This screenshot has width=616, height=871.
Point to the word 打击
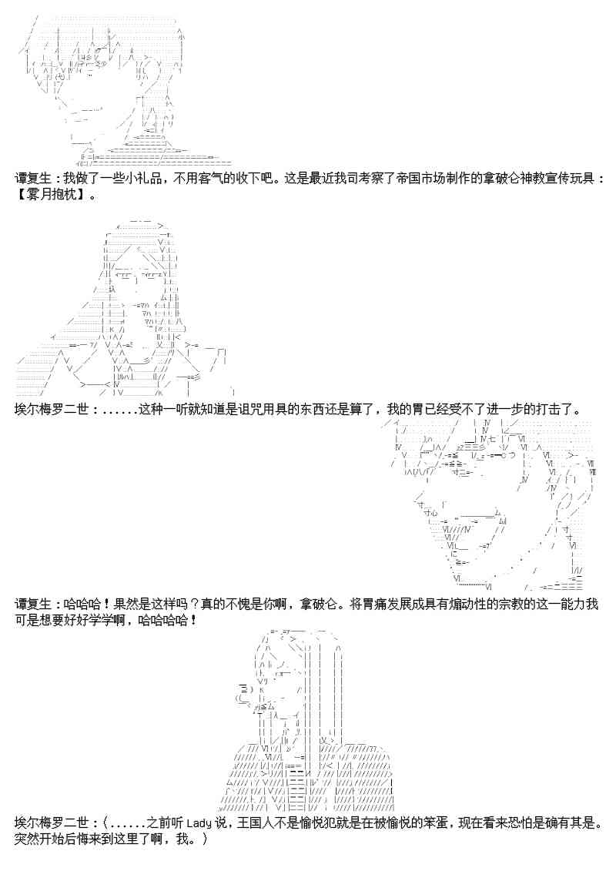550,410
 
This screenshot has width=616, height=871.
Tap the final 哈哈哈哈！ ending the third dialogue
167,619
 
